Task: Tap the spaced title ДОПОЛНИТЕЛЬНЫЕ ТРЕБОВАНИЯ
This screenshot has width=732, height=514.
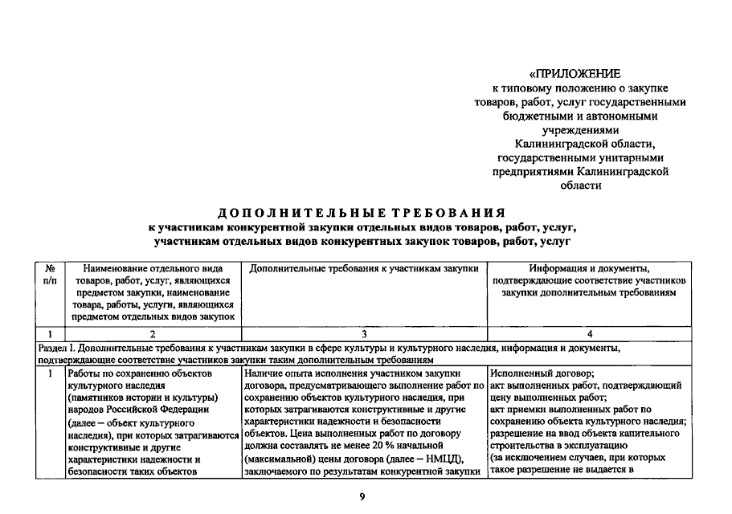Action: pyautogui.click(x=362, y=213)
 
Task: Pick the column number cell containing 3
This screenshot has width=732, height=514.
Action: pyautogui.click(x=363, y=333)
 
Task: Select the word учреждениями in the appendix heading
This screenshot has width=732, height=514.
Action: pyautogui.click(x=581, y=129)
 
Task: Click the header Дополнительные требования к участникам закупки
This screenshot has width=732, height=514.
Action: pyautogui.click(x=364, y=267)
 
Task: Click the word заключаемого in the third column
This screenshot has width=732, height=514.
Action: pyautogui.click(x=276, y=471)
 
